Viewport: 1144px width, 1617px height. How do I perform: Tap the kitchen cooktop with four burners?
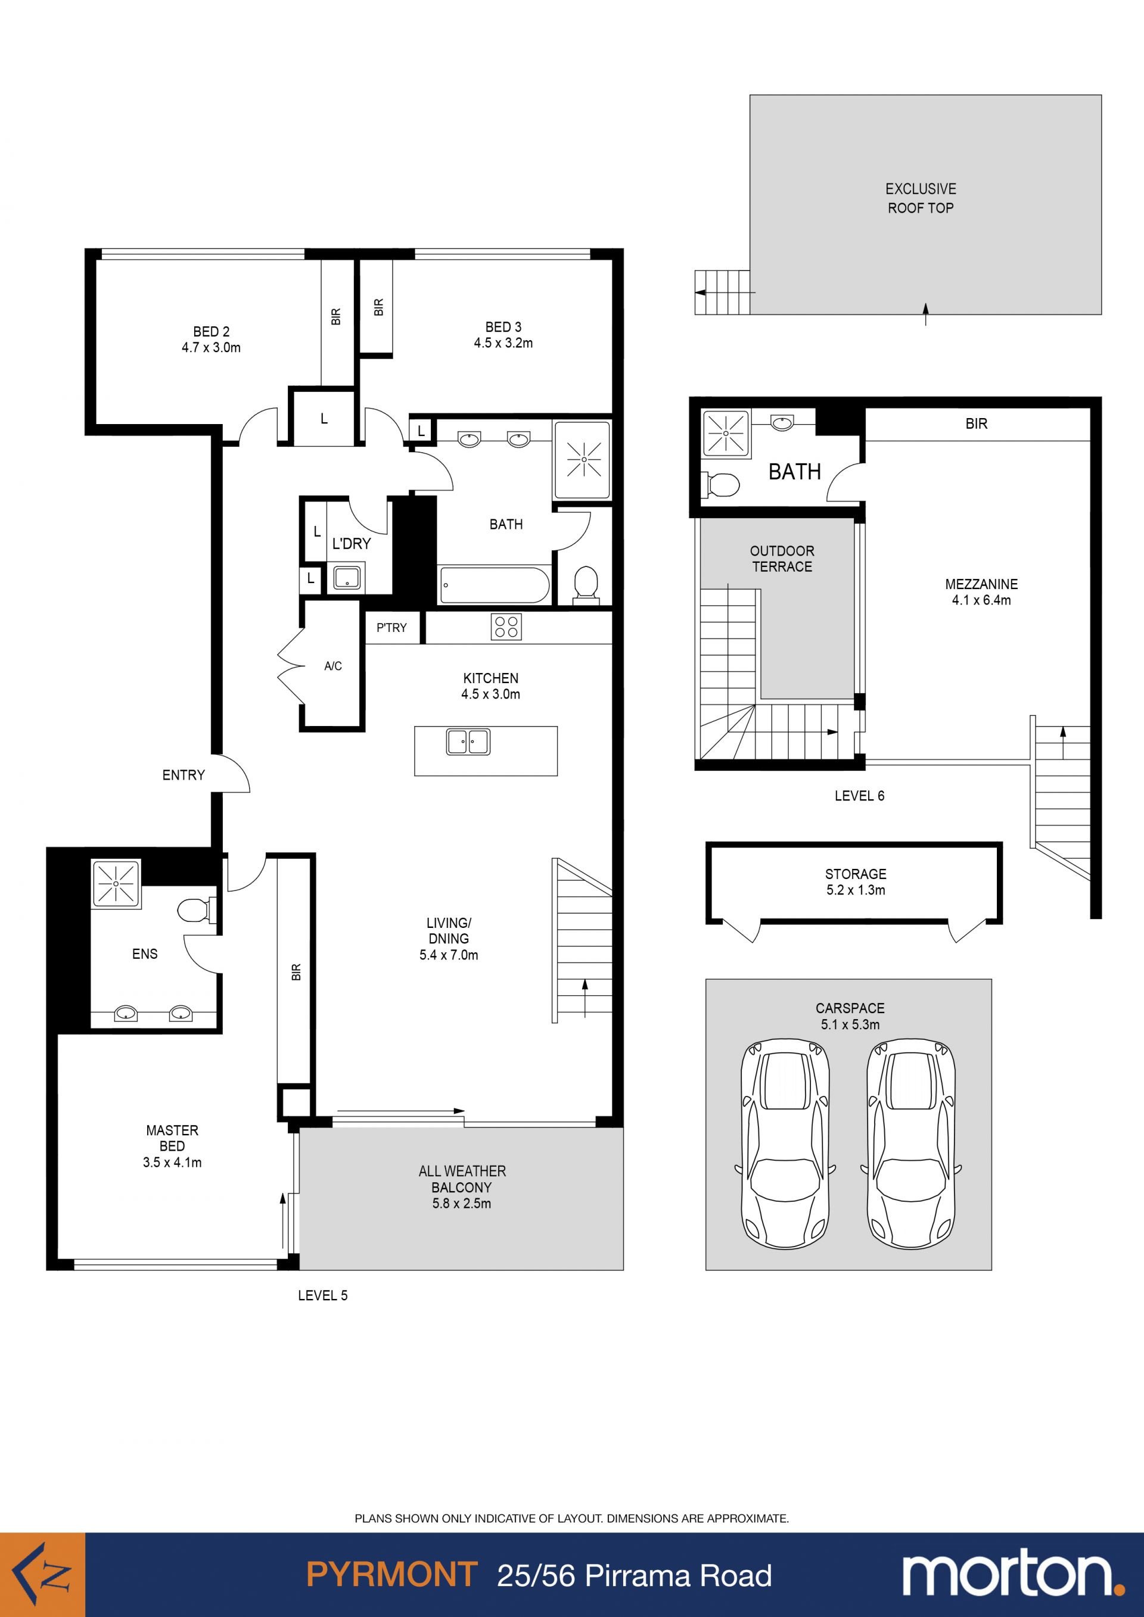click(506, 627)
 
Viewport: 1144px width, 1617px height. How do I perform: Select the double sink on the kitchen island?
click(468, 741)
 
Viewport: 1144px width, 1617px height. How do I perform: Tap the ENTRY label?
click(183, 775)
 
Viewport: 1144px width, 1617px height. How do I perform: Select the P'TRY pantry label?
click(391, 628)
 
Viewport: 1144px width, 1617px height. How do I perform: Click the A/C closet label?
click(333, 665)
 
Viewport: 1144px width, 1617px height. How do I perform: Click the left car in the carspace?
click(785, 1146)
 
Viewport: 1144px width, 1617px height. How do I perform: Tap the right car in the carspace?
click(911, 1146)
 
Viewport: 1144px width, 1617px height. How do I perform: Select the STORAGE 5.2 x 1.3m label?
click(856, 881)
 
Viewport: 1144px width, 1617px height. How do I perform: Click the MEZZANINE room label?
click(981, 591)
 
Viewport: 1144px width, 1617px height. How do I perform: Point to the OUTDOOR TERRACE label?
click(782, 559)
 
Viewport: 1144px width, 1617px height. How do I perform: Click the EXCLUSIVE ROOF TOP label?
click(921, 198)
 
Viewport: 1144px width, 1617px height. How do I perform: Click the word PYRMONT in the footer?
click(391, 1575)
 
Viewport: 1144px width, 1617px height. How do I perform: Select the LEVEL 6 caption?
click(859, 796)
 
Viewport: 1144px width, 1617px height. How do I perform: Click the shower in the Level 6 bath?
click(726, 432)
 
